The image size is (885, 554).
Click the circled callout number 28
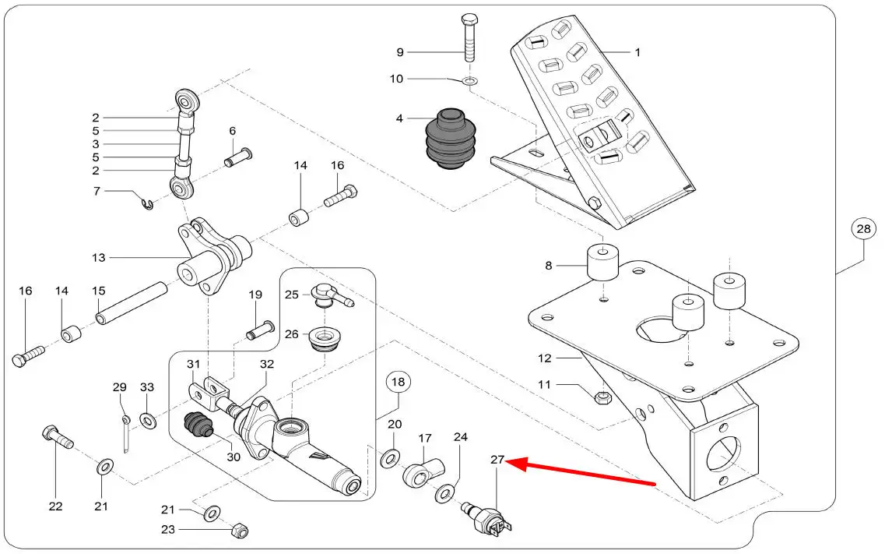[863, 230]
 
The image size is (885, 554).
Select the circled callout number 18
[398, 383]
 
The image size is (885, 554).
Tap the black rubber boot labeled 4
[448, 139]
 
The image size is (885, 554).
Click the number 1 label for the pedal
[637, 53]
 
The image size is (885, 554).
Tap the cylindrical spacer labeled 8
[601, 264]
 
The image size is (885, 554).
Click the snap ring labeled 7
[148, 203]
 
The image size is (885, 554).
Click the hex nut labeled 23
[240, 531]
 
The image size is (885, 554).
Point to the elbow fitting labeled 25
[329, 295]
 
